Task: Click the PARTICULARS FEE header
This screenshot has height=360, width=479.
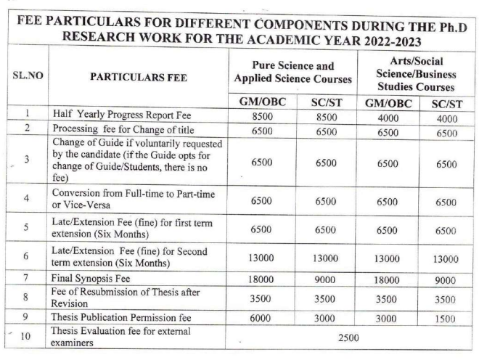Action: (137, 75)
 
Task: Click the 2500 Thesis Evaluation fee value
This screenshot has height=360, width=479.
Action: (352, 337)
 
